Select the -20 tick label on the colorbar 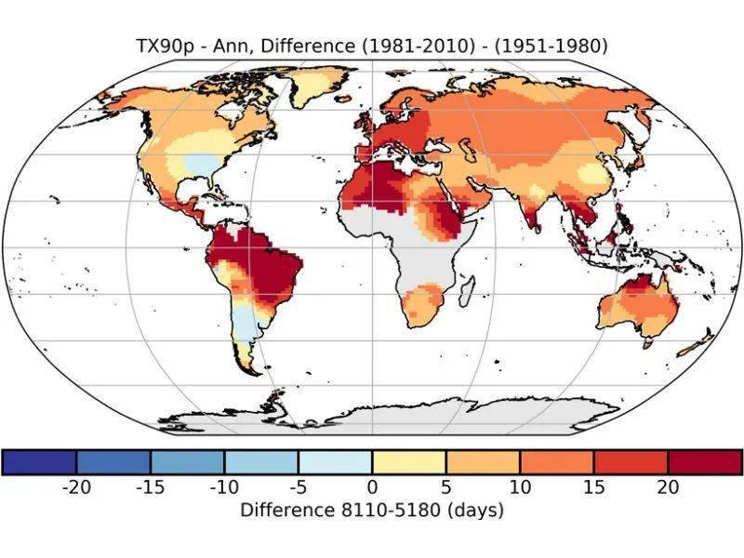[75, 487]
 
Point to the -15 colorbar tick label [150, 487]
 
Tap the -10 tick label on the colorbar [224, 487]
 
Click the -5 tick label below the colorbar [298, 487]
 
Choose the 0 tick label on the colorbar [372, 487]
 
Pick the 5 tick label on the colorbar [446, 487]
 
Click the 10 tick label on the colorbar [520, 487]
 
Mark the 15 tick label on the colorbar [594, 487]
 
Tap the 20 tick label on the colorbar [668, 487]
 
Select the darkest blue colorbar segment [39, 461]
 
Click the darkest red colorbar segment [705, 461]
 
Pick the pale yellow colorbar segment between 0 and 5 [409, 461]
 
